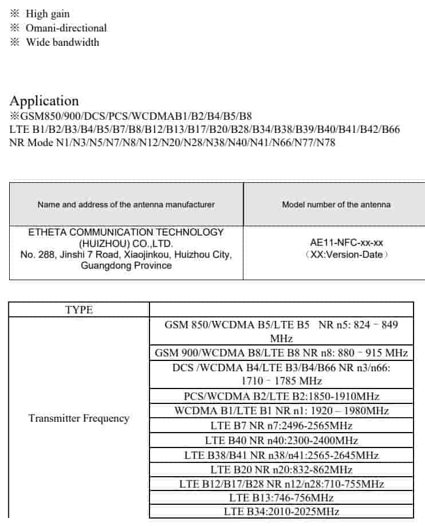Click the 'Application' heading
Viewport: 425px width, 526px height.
coord(44,101)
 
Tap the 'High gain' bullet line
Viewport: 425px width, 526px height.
coord(47,14)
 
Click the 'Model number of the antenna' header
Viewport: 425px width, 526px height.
coord(336,205)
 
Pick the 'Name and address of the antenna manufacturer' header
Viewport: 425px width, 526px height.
coord(126,205)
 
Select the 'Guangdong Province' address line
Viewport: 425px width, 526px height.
coord(126,266)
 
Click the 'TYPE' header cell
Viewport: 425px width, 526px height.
coord(79,310)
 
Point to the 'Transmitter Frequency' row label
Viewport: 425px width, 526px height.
coord(79,418)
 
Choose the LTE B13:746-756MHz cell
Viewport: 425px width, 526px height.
coord(281,498)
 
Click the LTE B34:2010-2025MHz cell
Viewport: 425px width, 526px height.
coord(281,512)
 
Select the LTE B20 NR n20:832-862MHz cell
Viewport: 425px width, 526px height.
coord(281,469)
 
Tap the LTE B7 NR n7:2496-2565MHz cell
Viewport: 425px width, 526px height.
coord(281,426)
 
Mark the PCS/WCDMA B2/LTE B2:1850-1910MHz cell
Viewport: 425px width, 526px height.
coord(281,396)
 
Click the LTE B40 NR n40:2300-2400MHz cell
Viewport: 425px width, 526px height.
coord(281,441)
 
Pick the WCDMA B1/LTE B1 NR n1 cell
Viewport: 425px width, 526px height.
coord(281,411)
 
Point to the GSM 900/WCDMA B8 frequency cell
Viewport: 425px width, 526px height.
coord(281,352)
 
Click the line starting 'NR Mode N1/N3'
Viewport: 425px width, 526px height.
coord(172,143)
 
